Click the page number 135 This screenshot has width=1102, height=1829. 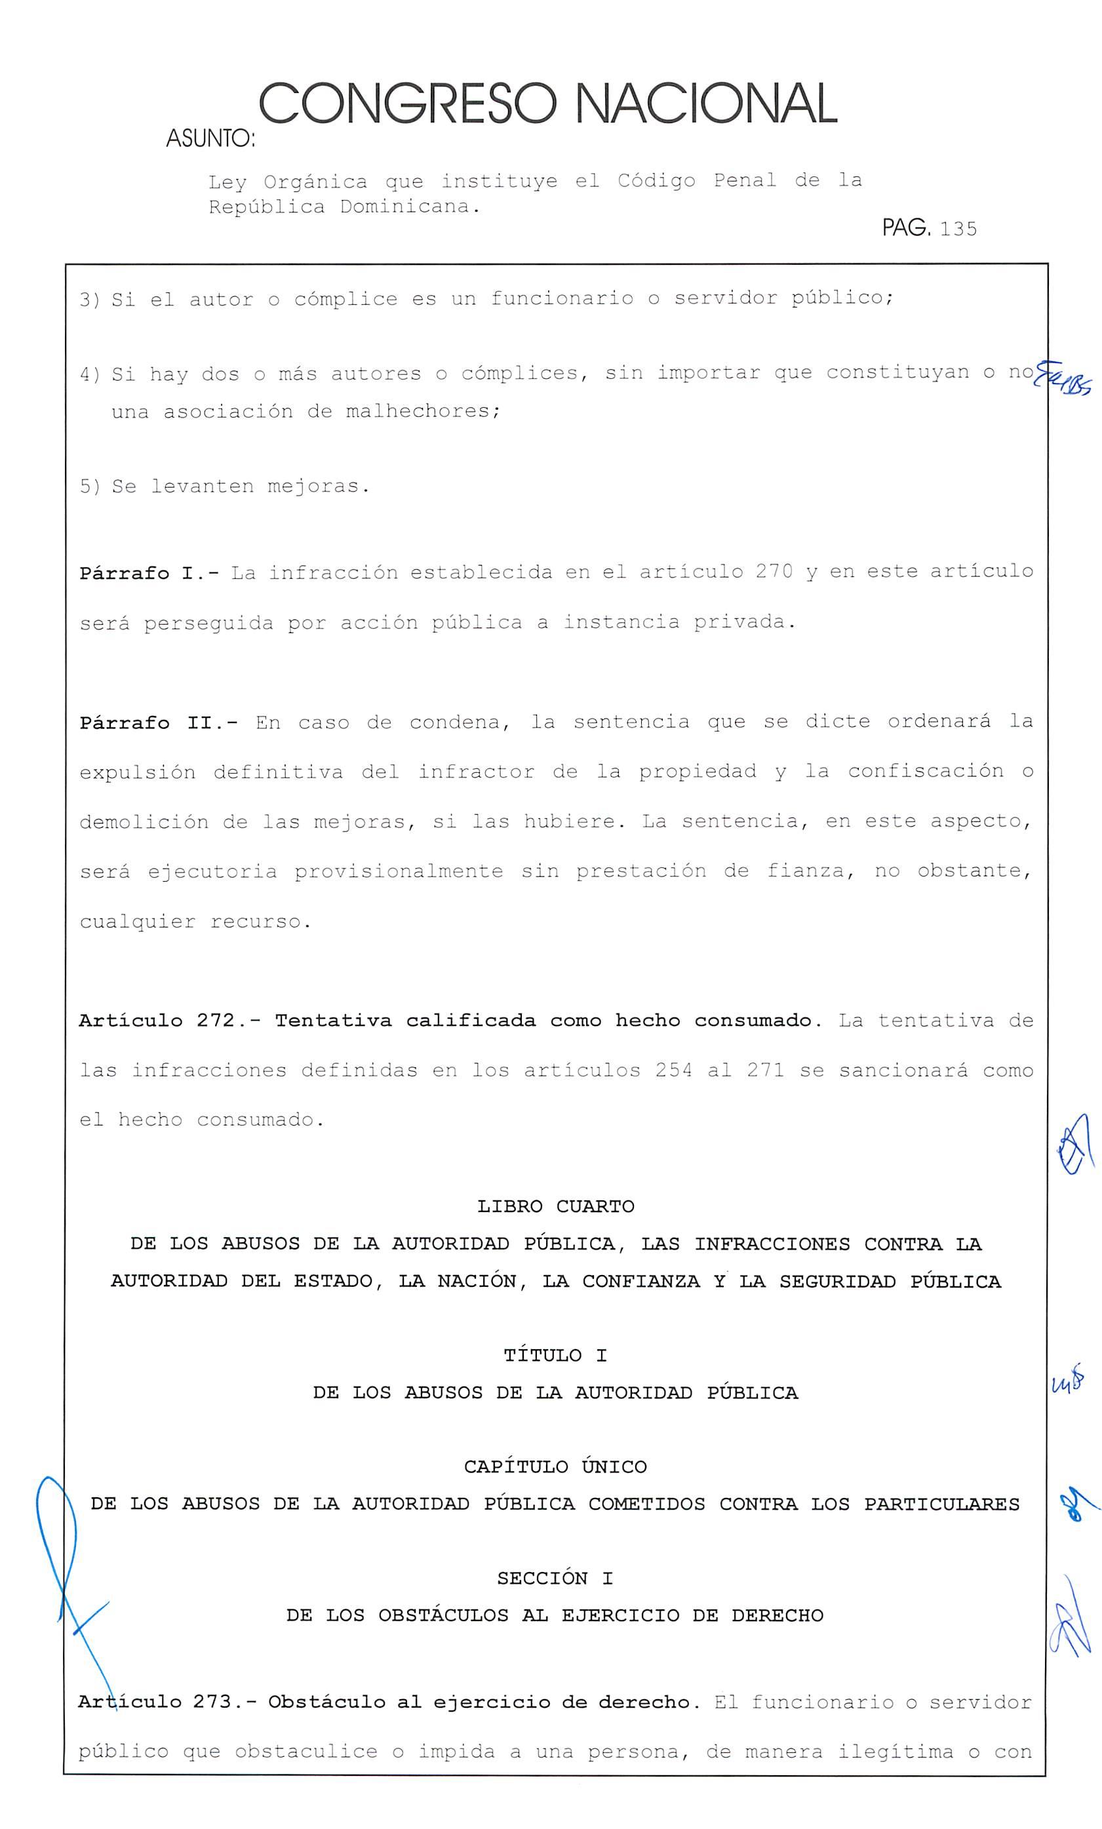point(957,229)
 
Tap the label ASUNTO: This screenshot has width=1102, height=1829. point(210,139)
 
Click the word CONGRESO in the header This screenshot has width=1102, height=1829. point(408,105)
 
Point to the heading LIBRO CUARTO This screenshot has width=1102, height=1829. point(556,1206)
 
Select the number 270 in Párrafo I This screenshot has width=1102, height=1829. point(774,572)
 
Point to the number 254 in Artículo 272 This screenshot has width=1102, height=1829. point(674,1071)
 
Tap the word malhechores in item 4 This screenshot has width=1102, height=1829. point(422,411)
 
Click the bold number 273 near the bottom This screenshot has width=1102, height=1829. point(213,1702)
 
